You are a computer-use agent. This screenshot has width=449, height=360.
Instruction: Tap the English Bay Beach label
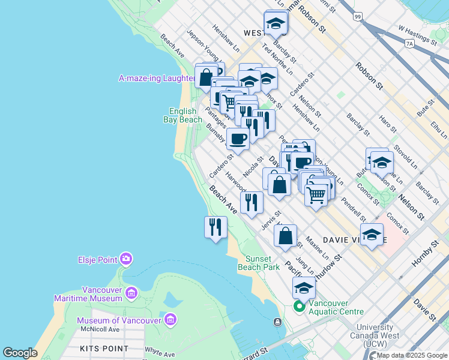182,115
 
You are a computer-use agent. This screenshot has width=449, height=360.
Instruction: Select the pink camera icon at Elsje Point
126,259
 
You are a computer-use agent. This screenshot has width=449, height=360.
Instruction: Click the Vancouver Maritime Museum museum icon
131,293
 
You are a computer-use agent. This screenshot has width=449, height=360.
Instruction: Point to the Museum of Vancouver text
119,320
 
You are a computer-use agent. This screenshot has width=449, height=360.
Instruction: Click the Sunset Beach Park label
259,262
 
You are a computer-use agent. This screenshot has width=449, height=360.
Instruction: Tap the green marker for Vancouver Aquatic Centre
299,307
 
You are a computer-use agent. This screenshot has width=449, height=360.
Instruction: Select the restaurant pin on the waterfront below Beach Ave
215,227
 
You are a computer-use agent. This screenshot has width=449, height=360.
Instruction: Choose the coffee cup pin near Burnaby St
238,139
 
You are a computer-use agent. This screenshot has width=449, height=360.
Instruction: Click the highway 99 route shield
358,17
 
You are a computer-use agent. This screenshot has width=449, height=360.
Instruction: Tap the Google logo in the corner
20,353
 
